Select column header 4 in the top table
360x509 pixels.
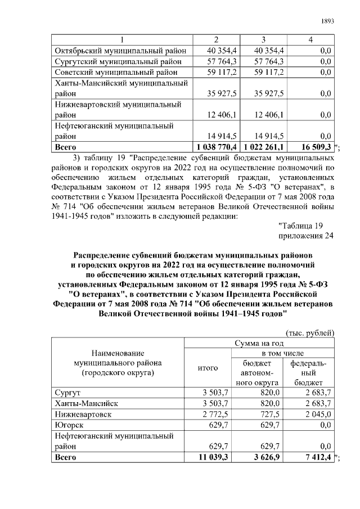click(310, 39)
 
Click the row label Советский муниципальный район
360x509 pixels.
click(116, 73)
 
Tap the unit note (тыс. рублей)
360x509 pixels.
click(310, 332)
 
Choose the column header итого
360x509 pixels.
click(208, 368)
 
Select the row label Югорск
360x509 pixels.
click(68, 425)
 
